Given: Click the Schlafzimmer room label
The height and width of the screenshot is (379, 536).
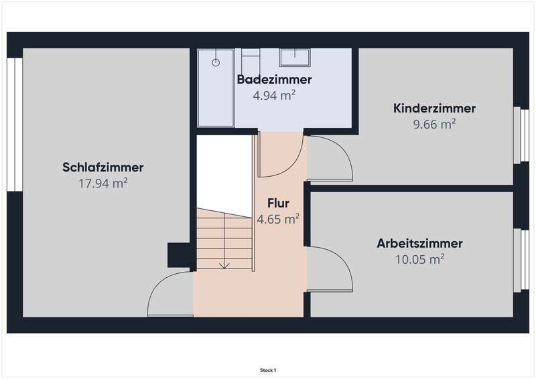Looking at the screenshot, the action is click(103, 167).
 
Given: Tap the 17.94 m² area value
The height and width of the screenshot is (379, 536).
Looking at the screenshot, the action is click(103, 183).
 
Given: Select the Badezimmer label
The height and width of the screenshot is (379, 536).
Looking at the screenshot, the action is click(275, 79).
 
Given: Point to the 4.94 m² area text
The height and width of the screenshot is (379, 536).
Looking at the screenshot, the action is click(274, 95).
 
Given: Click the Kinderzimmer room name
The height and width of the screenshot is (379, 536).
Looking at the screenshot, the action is click(434, 108).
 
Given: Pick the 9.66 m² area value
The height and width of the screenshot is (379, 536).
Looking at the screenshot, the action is click(434, 124).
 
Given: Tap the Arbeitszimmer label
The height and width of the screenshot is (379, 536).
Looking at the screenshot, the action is click(420, 243).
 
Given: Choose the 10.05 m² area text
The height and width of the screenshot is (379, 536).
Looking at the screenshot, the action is click(420, 259).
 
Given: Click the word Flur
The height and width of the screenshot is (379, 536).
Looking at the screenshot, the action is click(278, 203).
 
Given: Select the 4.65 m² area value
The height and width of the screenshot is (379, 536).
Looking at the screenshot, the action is click(278, 219).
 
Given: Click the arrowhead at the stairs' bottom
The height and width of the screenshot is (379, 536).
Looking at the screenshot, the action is click(224, 266).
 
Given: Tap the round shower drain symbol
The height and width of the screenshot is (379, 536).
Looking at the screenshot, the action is click(216, 62).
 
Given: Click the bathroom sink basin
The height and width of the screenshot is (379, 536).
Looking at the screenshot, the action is click(295, 58).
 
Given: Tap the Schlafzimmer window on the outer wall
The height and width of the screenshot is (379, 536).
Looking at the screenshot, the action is click(15, 125).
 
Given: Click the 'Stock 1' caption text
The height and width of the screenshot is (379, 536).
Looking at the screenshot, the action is click(268, 370).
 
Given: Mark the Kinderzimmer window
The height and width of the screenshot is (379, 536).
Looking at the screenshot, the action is click(521, 135).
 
